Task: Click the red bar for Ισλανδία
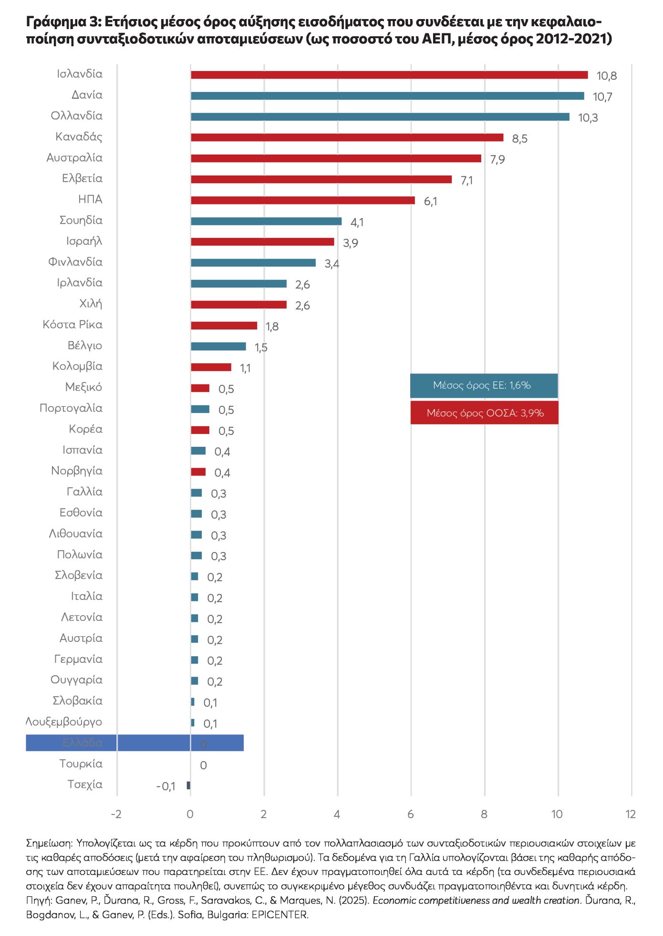389,75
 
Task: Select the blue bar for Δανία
387,96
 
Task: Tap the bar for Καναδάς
347,137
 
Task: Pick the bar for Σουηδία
266,221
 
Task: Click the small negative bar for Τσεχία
188,785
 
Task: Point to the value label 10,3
588,118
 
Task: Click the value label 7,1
466,180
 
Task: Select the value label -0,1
166,786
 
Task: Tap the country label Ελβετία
82,178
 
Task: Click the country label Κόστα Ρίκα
73,325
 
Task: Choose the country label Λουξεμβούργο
64,722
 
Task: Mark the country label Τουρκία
81,764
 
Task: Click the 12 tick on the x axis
631,814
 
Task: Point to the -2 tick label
116,814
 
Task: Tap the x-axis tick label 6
410,814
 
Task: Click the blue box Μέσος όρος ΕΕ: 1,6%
484,385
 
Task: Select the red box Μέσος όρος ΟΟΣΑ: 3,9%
484,413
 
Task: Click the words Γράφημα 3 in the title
62,22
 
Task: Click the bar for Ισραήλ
262,242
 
